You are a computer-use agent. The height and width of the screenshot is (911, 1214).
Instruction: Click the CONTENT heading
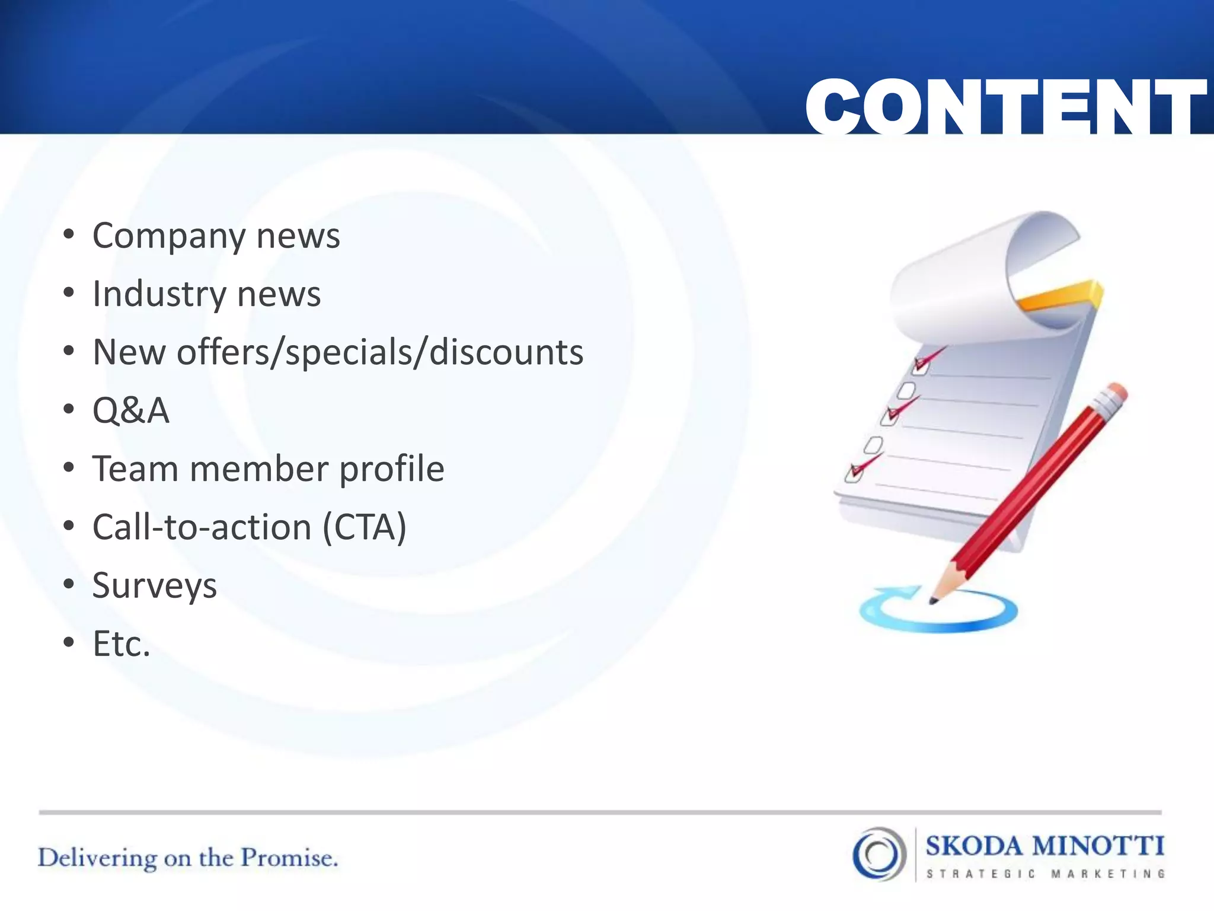tap(1006, 107)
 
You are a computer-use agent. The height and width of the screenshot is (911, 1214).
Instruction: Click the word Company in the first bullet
tap(168, 237)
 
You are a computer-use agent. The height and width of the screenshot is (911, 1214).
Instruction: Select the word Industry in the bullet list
tap(159, 294)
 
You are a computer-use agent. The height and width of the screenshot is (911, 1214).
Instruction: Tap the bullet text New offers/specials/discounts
tap(338, 352)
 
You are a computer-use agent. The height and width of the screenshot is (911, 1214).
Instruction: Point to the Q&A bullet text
tap(131, 410)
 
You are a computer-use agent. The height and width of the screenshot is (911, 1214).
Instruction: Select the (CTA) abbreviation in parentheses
tap(365, 527)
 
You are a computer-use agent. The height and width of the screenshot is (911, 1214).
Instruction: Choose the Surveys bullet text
tap(155, 586)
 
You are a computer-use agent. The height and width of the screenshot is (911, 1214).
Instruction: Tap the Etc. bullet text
tap(122, 644)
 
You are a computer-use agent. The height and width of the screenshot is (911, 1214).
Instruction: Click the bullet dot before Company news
tap(69, 235)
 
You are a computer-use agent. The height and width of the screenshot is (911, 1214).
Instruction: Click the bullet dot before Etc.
tap(69, 642)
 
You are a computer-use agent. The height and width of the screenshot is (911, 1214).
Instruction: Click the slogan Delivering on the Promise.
tap(188, 858)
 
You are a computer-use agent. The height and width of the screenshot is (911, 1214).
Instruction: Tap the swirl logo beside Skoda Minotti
tap(879, 854)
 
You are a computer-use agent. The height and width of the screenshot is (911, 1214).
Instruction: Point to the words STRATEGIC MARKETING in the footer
tap(1046, 874)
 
